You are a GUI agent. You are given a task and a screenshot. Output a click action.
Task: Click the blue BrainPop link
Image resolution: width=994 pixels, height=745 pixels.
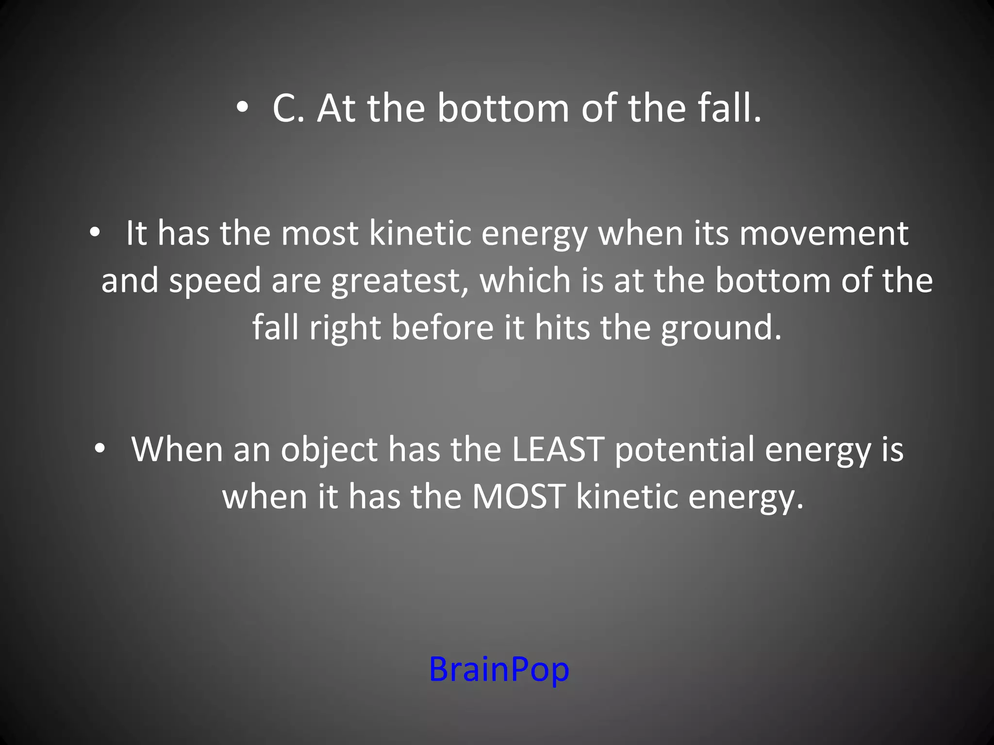click(x=499, y=669)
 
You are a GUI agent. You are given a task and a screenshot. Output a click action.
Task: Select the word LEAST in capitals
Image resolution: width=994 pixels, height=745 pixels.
click(x=558, y=449)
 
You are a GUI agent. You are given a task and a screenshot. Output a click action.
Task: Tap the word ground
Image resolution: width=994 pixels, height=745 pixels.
click(x=721, y=328)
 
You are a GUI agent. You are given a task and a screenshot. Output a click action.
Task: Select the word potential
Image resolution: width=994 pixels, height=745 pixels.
click(x=684, y=449)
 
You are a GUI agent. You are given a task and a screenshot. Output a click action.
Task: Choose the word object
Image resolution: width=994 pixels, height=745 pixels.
click(x=329, y=449)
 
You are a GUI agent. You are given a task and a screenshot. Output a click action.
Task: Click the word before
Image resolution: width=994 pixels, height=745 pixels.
click(x=443, y=327)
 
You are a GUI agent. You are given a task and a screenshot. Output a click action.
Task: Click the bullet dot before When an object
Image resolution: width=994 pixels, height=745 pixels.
click(x=100, y=449)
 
